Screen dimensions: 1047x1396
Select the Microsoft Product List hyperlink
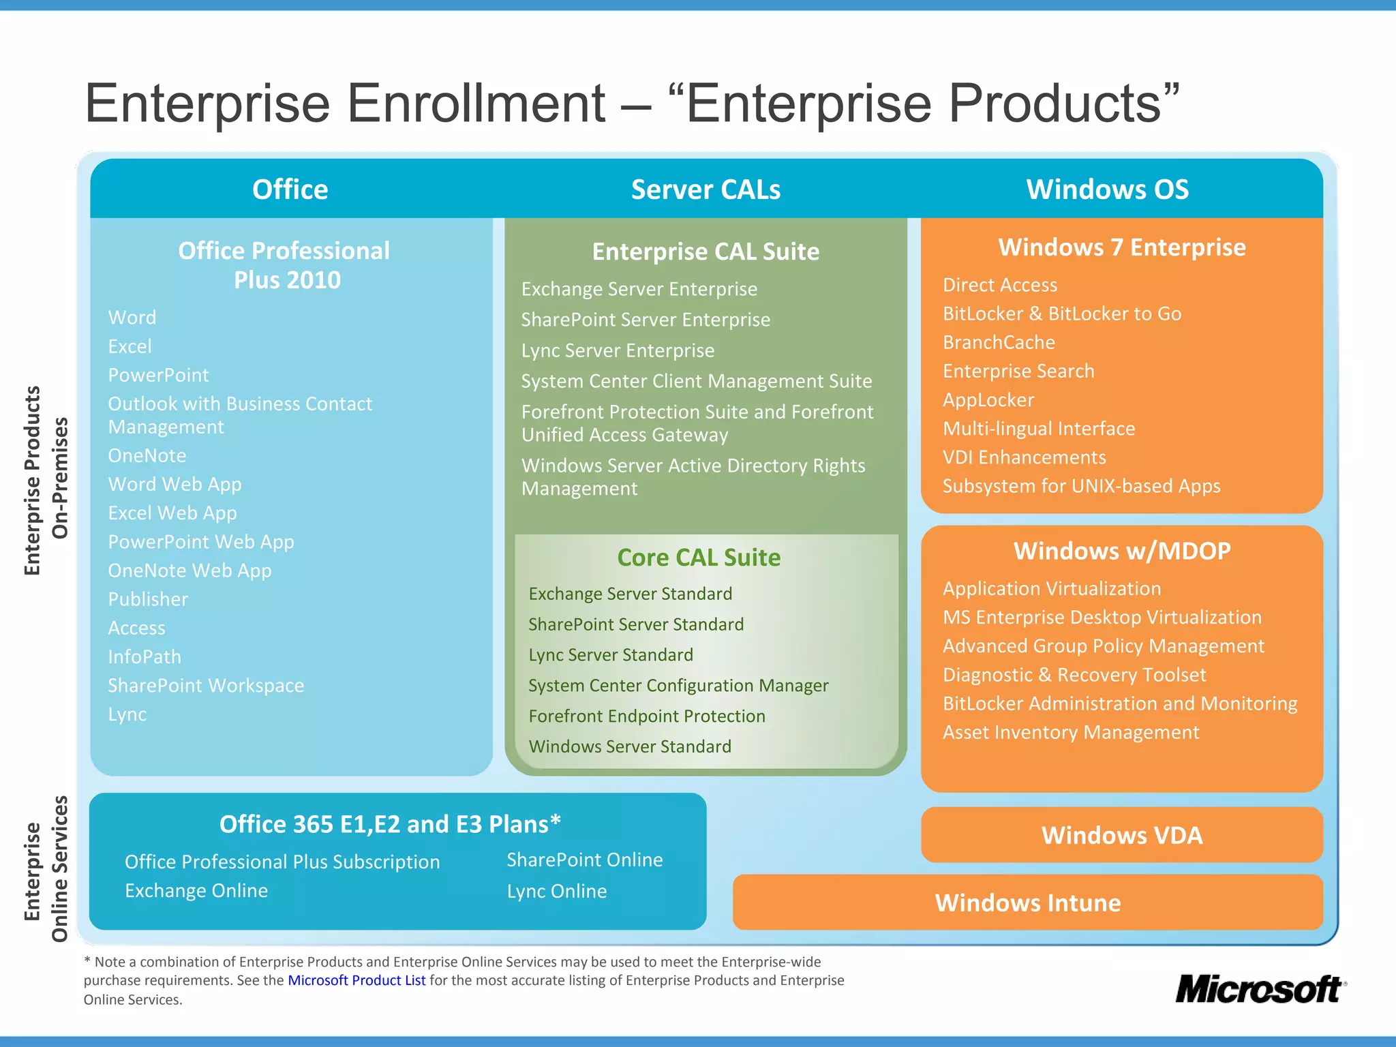[x=356, y=980]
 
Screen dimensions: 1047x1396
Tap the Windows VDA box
[x=1121, y=835]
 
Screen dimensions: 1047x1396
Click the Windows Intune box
[x=1027, y=902]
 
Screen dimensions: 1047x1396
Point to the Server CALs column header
[x=705, y=189]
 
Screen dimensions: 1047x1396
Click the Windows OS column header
[x=1107, y=189]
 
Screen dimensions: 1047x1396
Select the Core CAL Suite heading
[x=699, y=558]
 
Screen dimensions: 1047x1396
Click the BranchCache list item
[x=999, y=342]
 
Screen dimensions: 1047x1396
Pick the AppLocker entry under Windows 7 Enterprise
[x=988, y=400]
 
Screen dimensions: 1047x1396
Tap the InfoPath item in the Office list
[x=145, y=656]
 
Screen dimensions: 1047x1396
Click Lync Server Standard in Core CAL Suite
[x=611, y=655]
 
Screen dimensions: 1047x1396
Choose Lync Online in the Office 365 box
[x=556, y=891]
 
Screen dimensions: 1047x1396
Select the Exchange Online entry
[x=196, y=890]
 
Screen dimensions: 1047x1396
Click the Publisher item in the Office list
[x=148, y=599]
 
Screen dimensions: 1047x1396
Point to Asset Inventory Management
[x=1071, y=732]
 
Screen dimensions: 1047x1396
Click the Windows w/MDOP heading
[x=1122, y=551]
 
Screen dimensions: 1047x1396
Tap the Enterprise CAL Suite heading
[x=705, y=252]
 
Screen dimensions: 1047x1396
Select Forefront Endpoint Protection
[x=647, y=716]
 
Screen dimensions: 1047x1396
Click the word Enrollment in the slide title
[x=476, y=104]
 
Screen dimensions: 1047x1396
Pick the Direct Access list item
[x=1000, y=285]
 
